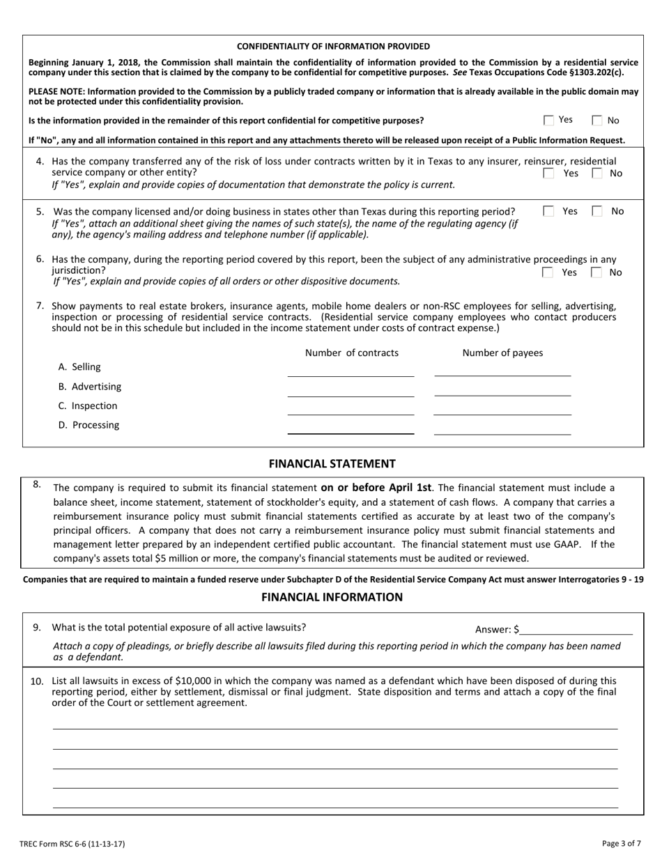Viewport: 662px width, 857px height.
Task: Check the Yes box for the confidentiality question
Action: (549, 121)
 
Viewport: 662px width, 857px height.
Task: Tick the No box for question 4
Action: (597, 173)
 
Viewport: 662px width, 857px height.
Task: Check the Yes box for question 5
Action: (549, 211)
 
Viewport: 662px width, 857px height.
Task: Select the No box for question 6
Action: (597, 272)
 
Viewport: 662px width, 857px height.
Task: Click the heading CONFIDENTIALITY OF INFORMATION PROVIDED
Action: (333, 47)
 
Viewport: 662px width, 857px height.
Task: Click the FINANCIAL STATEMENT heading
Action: (332, 464)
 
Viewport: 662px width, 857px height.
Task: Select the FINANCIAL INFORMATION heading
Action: (332, 597)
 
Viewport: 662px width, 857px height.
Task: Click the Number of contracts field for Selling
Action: (351, 369)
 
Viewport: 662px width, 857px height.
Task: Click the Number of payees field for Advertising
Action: (502, 389)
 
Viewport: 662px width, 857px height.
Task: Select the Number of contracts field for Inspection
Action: (351, 408)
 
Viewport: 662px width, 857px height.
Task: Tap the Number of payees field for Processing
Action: (502, 427)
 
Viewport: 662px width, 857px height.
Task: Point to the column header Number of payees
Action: (502, 353)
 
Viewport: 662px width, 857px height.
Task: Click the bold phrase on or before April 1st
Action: (376, 488)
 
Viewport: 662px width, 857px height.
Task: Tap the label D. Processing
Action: (88, 425)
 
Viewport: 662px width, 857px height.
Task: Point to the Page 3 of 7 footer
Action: (622, 844)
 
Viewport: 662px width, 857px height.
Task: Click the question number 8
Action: (37, 484)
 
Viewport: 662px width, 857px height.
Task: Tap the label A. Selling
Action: (79, 367)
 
